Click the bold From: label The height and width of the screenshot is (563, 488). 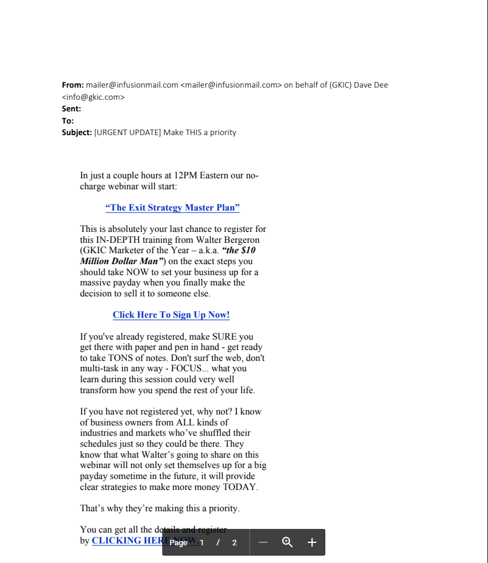72,85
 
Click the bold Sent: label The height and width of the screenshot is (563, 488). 71,109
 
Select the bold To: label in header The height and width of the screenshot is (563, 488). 68,121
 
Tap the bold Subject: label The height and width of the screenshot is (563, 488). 77,133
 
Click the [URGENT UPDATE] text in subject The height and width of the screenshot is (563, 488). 127,133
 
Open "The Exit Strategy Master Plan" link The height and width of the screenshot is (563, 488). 172,208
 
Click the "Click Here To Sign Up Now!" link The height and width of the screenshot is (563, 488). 171,315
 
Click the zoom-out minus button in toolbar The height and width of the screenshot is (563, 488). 263,542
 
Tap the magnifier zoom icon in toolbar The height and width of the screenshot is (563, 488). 288,542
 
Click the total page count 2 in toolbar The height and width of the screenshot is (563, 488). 235,543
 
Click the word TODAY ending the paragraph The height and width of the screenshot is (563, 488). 239,488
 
